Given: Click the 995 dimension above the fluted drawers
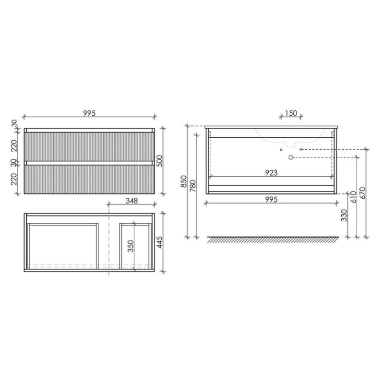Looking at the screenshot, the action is click(x=89, y=113).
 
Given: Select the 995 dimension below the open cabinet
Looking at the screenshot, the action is click(x=271, y=200).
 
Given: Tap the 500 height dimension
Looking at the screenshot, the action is click(x=159, y=161).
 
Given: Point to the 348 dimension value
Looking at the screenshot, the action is click(x=132, y=201).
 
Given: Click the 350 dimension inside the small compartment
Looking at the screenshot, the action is click(x=131, y=246).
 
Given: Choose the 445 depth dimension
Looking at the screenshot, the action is click(x=159, y=242).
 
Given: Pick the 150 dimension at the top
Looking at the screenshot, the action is click(x=291, y=113).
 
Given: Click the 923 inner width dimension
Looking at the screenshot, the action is click(x=271, y=173).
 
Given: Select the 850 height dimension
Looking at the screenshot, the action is click(x=184, y=181).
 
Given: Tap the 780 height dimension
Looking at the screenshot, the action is click(x=193, y=186).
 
